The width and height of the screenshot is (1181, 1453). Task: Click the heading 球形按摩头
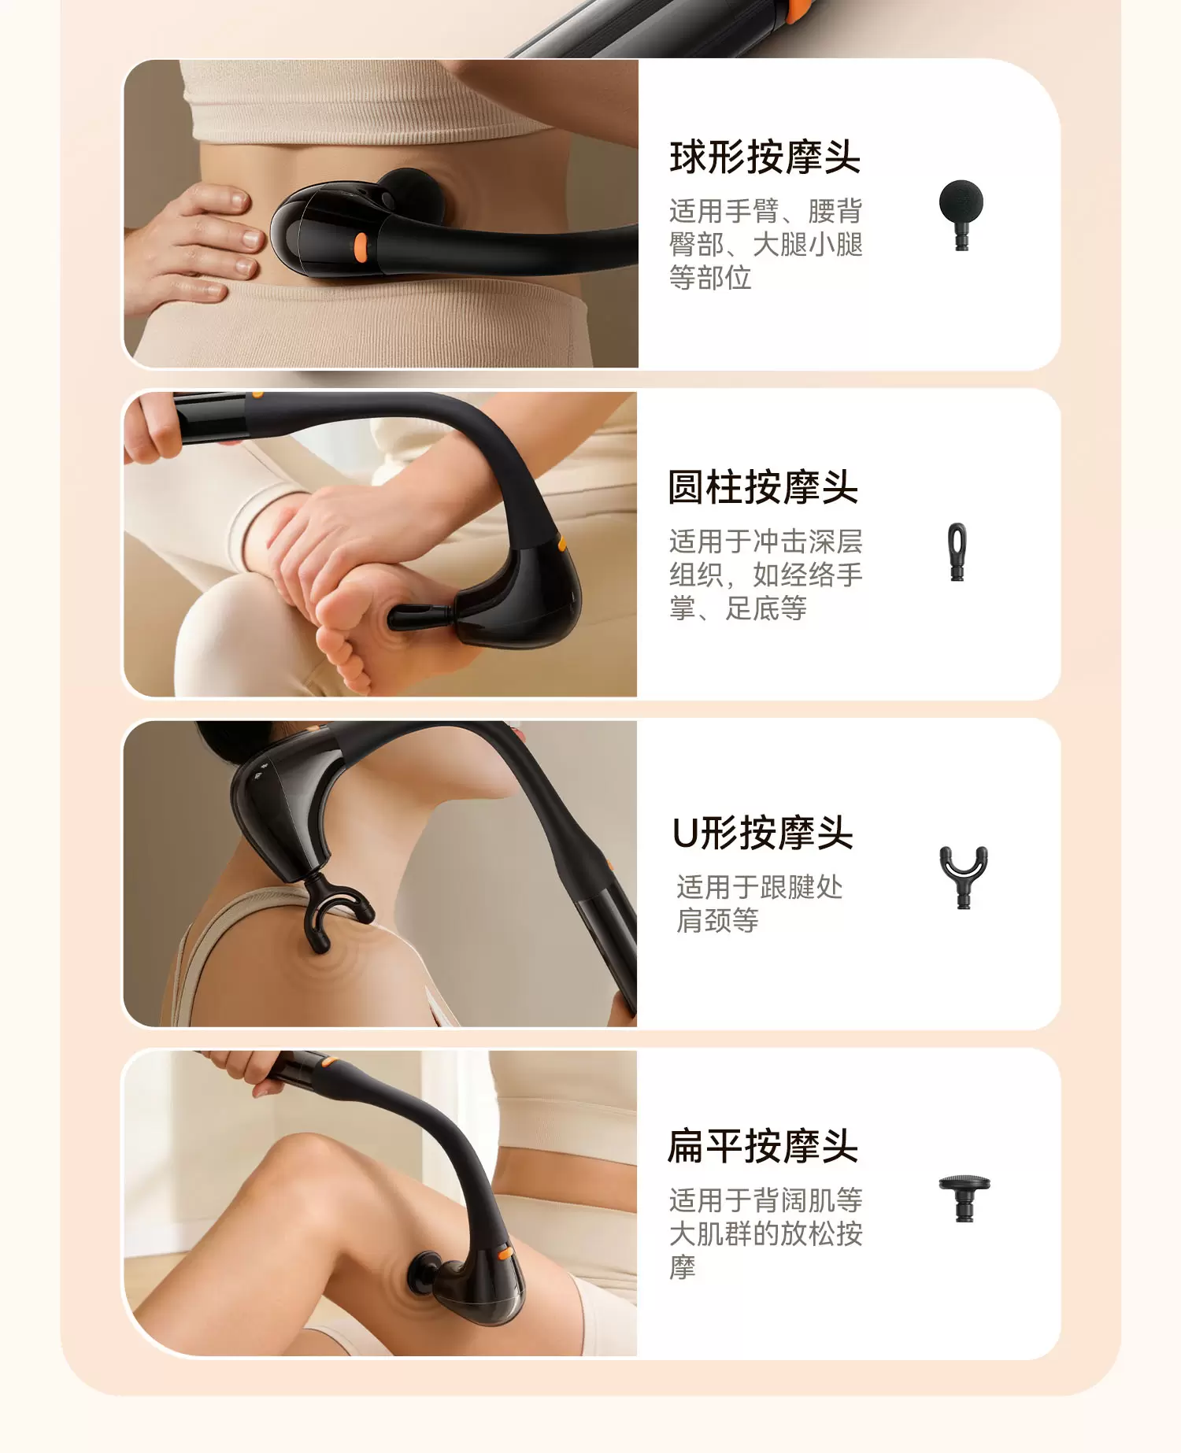[765, 157]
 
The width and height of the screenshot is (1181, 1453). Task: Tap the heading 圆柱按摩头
[763, 487]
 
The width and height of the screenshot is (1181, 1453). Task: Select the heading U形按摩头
[763, 833]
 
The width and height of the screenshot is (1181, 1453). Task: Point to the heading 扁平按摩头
[763, 1146]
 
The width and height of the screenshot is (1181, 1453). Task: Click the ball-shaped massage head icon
[961, 214]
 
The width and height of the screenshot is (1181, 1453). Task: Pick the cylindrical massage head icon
[957, 552]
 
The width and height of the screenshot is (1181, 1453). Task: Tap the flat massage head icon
[964, 1198]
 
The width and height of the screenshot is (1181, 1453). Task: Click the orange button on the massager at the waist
[360, 246]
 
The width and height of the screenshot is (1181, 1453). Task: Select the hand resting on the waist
[193, 244]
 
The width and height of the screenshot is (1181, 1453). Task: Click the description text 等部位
[710, 278]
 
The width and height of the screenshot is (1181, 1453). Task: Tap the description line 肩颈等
[717, 920]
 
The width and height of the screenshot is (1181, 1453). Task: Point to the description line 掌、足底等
[738, 608]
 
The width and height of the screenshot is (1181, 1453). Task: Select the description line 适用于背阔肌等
[765, 1200]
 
